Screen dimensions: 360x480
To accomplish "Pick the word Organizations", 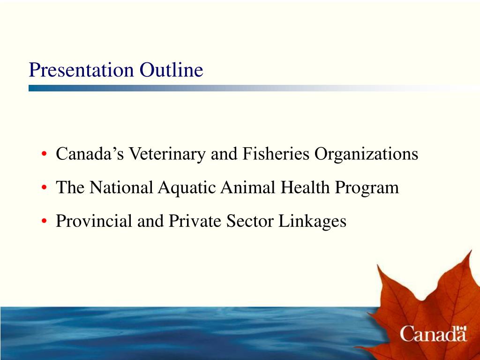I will pyautogui.click(x=366, y=154).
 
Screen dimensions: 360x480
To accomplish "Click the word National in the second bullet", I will pyautogui.click(x=121, y=187).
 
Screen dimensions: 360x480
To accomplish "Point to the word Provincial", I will pyautogui.click(x=94, y=221).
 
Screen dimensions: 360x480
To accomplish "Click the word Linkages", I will pyautogui.click(x=313, y=221).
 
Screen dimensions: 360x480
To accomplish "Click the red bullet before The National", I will pyautogui.click(x=44, y=188).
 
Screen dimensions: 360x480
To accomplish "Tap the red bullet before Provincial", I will pyautogui.click(x=44, y=222).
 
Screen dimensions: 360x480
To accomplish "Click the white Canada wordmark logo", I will pyautogui.click(x=433, y=334).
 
